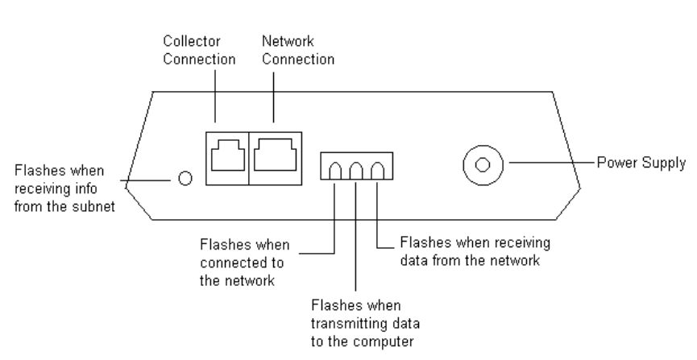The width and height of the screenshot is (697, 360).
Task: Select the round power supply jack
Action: point(483,165)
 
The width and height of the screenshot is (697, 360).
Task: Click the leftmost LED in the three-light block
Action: point(335,170)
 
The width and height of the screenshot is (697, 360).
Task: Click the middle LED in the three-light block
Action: point(355,170)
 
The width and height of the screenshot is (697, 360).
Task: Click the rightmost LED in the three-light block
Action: point(376,170)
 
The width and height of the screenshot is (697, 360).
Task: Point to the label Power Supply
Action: point(641,163)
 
